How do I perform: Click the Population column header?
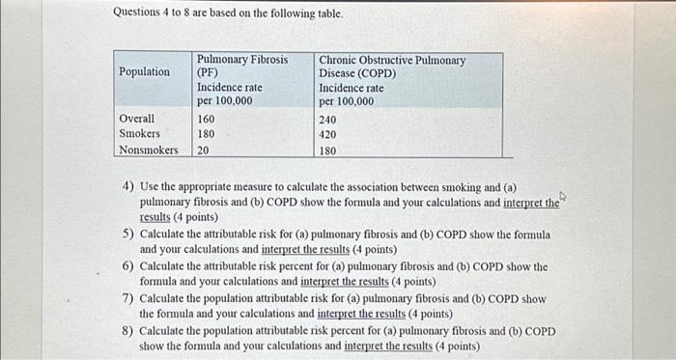click(x=144, y=72)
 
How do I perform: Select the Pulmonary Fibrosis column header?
click(x=242, y=60)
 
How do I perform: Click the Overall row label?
click(x=136, y=119)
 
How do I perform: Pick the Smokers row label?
click(x=139, y=134)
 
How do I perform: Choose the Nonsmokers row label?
click(x=148, y=151)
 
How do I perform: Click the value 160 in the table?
click(x=208, y=119)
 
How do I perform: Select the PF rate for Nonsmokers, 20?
click(x=204, y=151)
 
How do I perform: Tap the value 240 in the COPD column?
click(x=328, y=120)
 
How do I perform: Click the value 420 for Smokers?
click(x=328, y=135)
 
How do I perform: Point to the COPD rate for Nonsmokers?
click(x=328, y=152)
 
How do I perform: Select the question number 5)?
click(x=127, y=235)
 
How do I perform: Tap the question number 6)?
click(x=127, y=266)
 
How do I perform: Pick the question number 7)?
click(x=127, y=298)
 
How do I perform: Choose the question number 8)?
click(x=127, y=330)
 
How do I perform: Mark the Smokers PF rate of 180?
click(x=208, y=134)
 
